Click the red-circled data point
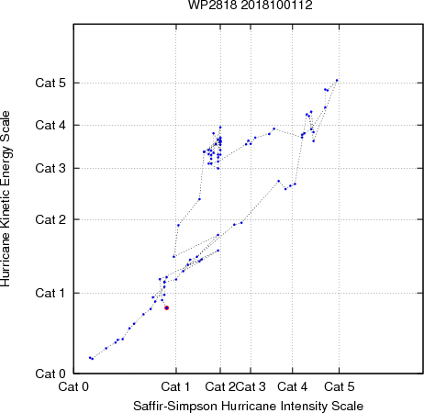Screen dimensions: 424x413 click(x=167, y=308)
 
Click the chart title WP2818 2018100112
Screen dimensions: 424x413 click(x=251, y=5)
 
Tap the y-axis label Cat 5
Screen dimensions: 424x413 click(x=50, y=83)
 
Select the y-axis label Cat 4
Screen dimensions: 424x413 click(x=50, y=125)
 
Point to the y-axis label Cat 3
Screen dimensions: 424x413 click(x=50, y=168)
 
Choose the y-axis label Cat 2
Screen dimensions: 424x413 click(x=50, y=219)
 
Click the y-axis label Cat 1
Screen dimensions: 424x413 click(x=50, y=293)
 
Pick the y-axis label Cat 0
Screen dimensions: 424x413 click(x=50, y=374)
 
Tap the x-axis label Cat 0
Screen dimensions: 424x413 click(x=73, y=387)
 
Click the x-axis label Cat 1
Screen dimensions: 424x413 click(x=175, y=387)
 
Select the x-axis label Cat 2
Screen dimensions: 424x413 click(x=220, y=387)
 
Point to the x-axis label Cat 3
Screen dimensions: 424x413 click(x=251, y=387)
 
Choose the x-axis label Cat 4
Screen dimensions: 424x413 click(x=293, y=387)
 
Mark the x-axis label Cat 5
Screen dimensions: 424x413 click(x=340, y=387)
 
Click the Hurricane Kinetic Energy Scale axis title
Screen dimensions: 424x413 click(x=6, y=199)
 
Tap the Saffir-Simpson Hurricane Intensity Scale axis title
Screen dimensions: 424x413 click(x=249, y=407)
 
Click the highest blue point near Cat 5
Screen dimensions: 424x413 click(x=337, y=81)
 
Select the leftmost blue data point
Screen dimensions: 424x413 click(x=90, y=358)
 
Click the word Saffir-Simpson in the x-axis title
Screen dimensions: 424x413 click(x=175, y=407)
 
